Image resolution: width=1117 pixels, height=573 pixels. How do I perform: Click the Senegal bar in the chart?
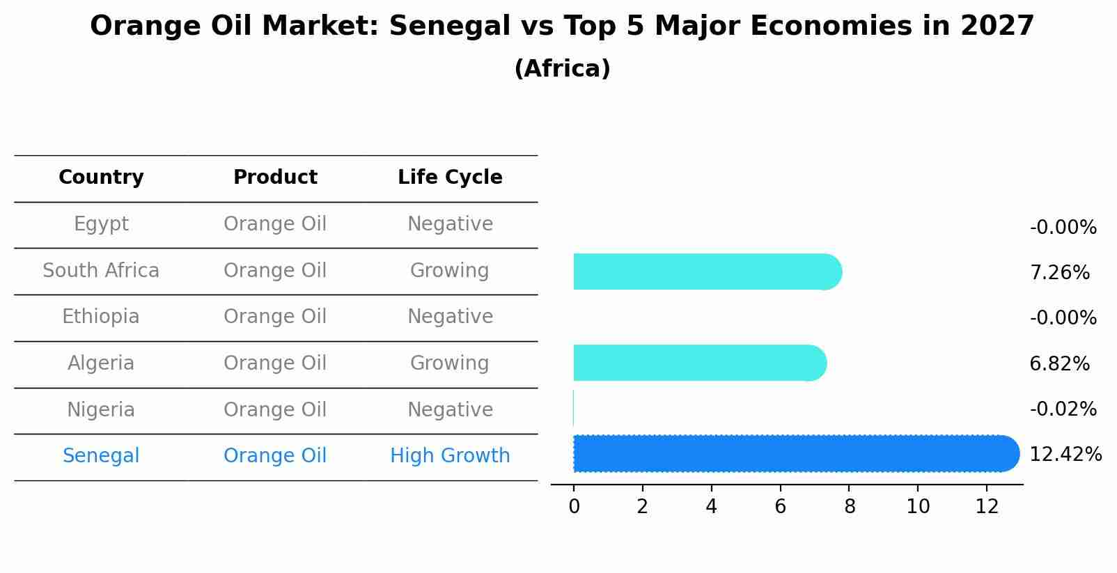pos(794,454)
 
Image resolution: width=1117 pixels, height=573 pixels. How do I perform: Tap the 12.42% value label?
pos(1065,455)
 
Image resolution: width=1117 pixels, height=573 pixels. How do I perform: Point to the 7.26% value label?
pos(1059,272)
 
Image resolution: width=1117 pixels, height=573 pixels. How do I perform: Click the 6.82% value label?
pos(1059,363)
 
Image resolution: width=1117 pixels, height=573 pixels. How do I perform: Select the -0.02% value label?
pos(1063,409)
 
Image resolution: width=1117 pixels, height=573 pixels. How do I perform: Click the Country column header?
pos(101,178)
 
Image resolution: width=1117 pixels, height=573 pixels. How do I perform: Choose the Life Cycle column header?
pos(450,178)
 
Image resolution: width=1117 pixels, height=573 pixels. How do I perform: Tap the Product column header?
pos(275,178)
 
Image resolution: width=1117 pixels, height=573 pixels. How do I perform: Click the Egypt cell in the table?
pos(101,224)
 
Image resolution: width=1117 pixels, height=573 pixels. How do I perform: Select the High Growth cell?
pos(450,456)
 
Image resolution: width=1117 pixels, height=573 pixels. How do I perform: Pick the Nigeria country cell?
pos(101,409)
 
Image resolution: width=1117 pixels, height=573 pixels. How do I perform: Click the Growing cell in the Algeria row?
pos(450,363)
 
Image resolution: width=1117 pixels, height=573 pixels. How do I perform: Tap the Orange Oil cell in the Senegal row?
pos(275,456)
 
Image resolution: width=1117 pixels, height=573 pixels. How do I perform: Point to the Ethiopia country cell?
pos(101,317)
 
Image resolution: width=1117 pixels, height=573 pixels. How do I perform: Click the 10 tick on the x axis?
pos(918,507)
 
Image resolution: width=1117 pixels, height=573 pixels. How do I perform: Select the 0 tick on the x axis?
pos(574,507)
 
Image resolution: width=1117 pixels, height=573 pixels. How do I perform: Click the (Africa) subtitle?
pos(562,69)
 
